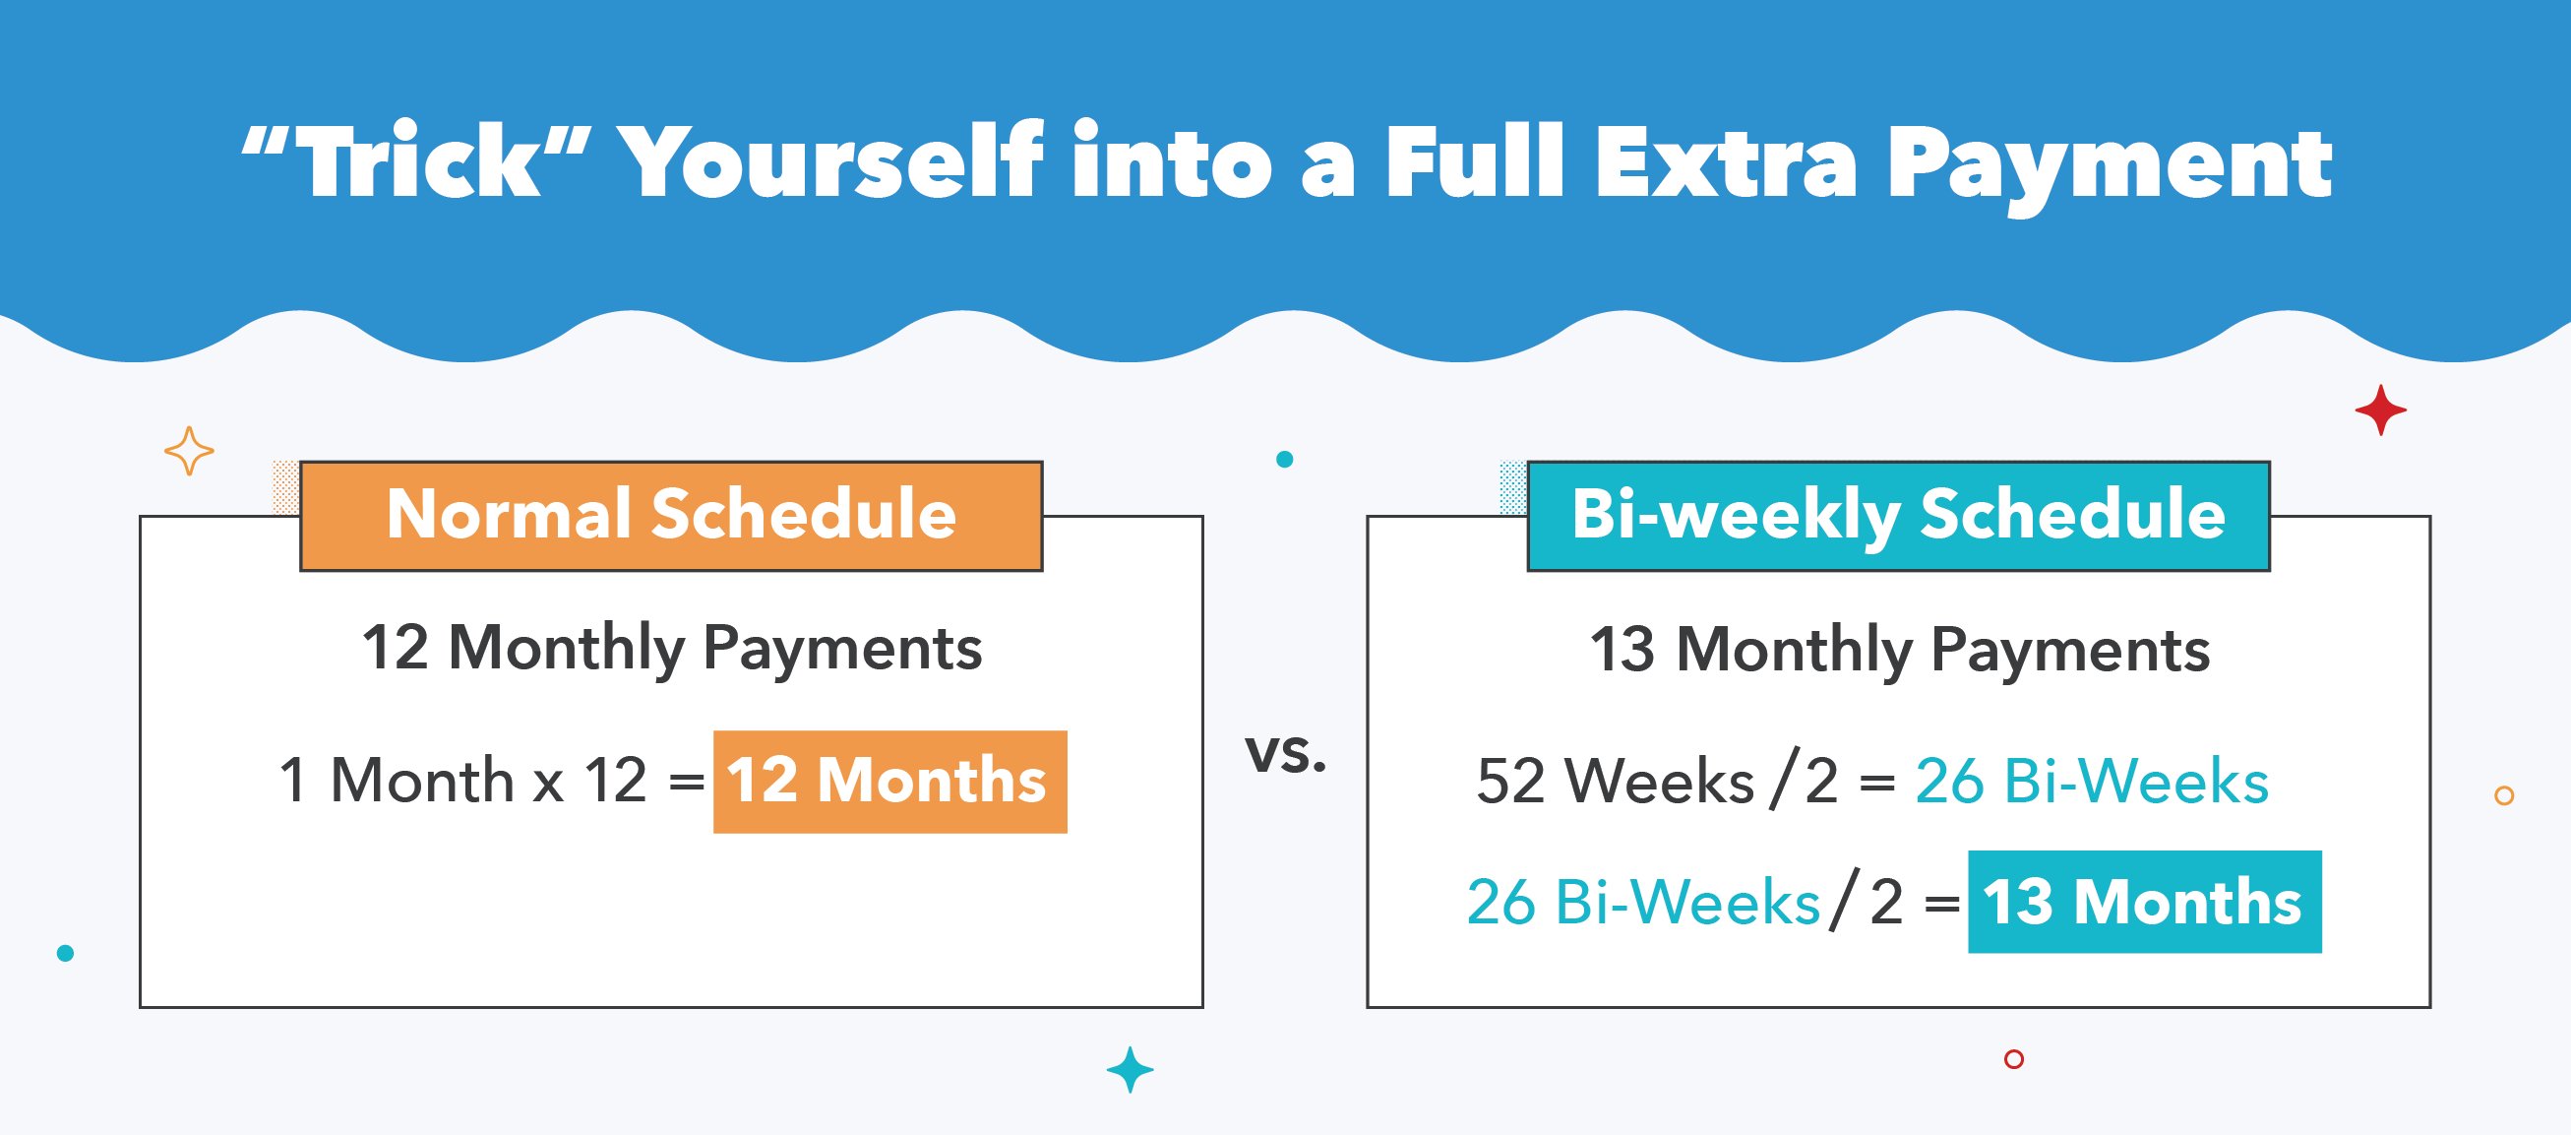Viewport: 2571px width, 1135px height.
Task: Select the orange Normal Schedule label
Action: point(671,515)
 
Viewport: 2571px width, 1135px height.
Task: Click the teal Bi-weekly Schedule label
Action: point(1898,515)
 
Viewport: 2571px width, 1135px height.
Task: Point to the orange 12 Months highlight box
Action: point(889,782)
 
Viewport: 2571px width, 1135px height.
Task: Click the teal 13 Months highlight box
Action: point(2144,903)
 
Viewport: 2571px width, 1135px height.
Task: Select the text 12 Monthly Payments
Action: point(672,648)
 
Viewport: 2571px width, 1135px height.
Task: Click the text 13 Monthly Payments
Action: point(1899,650)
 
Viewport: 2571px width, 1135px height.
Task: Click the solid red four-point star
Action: point(2380,410)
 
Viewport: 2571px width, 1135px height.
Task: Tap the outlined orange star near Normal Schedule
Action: point(189,451)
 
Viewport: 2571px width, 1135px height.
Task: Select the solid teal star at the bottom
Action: point(1130,1070)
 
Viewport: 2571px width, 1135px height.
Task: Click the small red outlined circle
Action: point(2013,1059)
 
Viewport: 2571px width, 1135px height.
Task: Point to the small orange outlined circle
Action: point(2503,795)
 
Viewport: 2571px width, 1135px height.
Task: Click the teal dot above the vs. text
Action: point(1284,459)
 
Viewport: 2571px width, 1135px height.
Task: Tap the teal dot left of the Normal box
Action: point(66,953)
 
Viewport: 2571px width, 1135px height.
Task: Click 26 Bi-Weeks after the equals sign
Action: point(2091,782)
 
